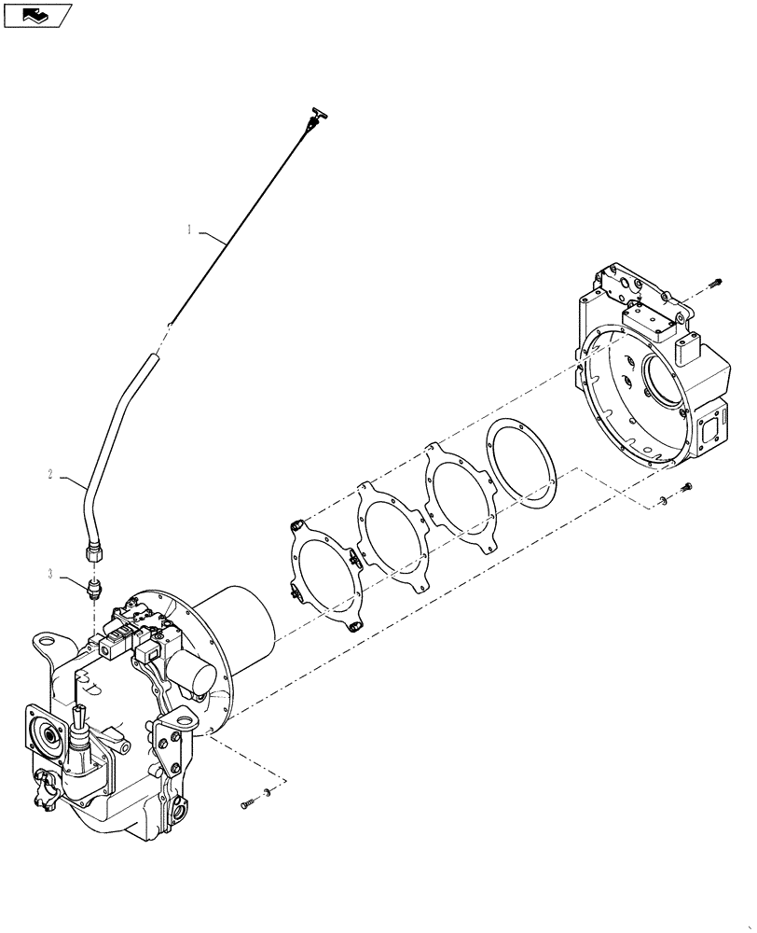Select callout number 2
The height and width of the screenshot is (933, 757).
[49, 475]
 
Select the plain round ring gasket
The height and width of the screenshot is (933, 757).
[521, 464]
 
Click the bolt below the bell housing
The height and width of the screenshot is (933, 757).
[688, 486]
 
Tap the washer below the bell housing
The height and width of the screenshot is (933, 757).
[663, 502]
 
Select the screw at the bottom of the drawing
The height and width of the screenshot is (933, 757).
[247, 802]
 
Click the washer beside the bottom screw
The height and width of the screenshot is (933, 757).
[268, 793]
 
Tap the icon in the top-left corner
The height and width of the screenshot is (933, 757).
[37, 14]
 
